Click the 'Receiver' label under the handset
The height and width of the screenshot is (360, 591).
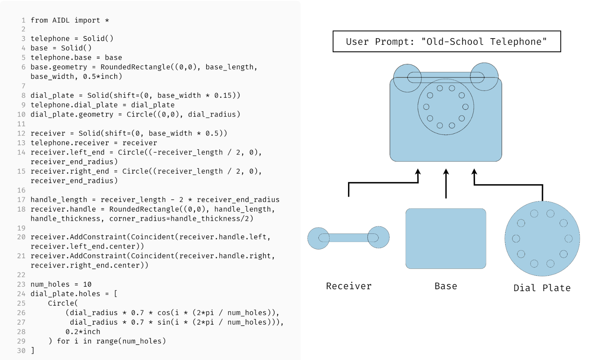point(349,286)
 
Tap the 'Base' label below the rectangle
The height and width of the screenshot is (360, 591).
point(446,286)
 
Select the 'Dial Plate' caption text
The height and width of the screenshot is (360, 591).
point(542,288)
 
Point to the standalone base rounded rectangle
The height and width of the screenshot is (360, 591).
point(446,239)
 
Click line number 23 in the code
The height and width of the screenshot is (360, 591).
point(21,284)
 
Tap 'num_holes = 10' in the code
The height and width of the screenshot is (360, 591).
point(61,284)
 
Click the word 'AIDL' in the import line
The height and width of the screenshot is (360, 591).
point(61,20)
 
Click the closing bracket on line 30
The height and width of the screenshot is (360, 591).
point(33,351)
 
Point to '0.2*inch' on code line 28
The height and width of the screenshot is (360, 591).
point(83,332)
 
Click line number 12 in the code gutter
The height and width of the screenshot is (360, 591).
point(21,133)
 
